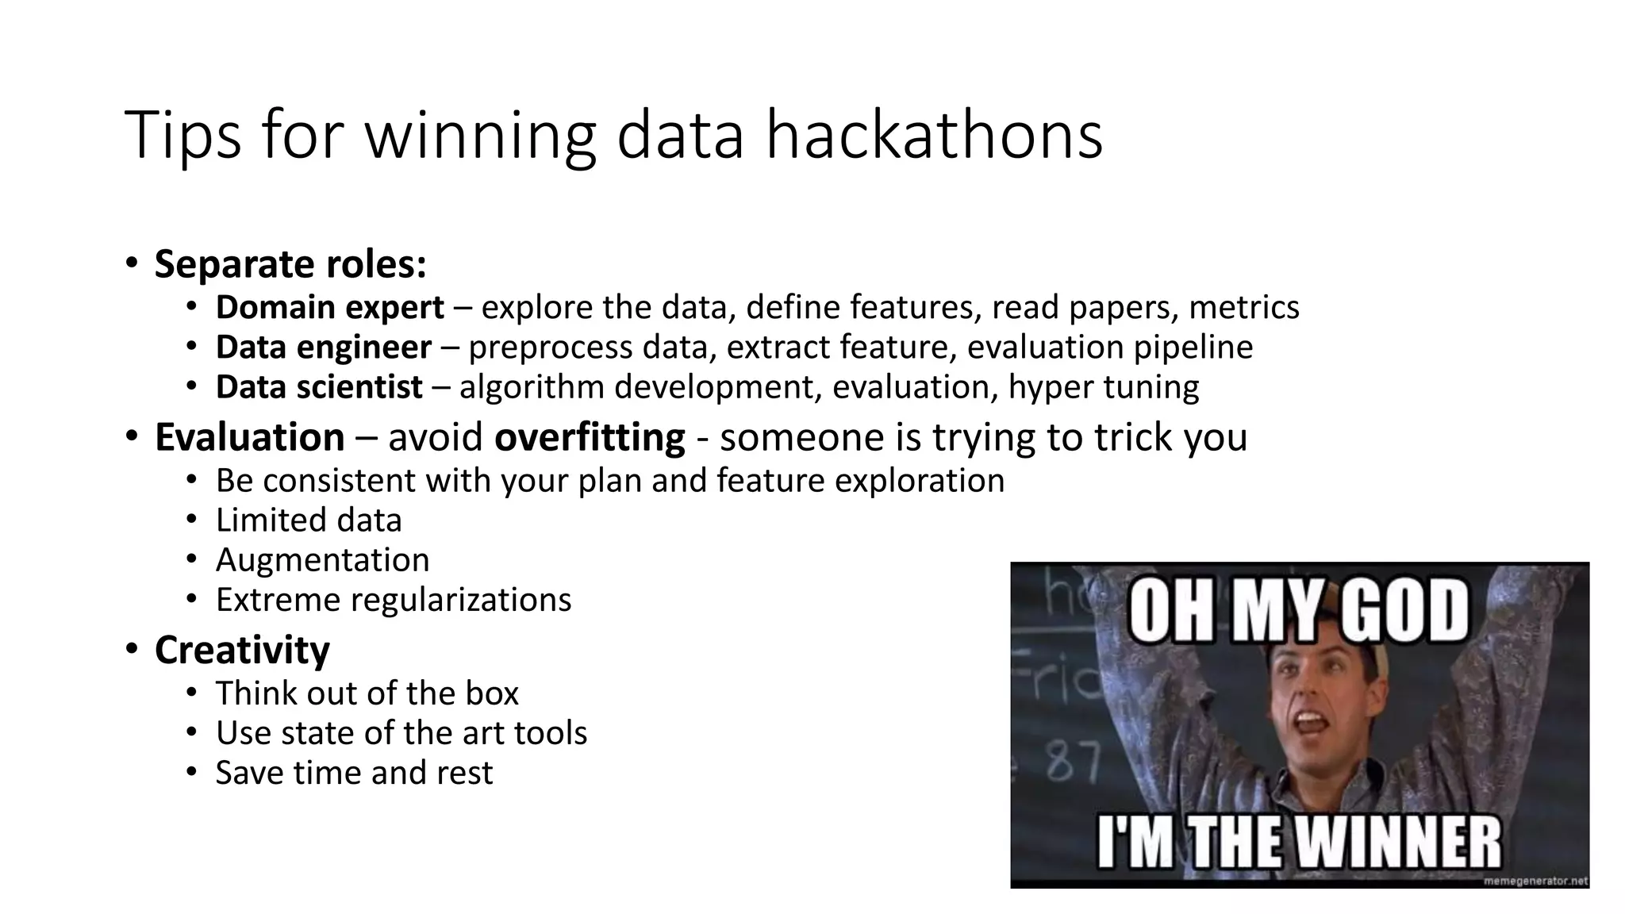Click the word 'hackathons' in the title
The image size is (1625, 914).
coord(934,136)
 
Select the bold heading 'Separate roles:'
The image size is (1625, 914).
coord(290,264)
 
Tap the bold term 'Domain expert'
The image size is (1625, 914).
coord(329,308)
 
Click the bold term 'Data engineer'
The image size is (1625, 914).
coord(323,348)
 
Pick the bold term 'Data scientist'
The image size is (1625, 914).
coord(319,387)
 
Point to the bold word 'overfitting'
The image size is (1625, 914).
coord(590,437)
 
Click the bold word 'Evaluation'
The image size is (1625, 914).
coord(250,437)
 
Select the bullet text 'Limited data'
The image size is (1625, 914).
coord(309,520)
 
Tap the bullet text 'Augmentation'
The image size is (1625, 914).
coord(322,560)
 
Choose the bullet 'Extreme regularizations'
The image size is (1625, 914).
coord(394,600)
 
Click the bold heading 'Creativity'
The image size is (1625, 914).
coord(242,651)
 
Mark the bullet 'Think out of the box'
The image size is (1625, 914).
coord(367,693)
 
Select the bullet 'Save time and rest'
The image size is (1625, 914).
coord(354,773)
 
